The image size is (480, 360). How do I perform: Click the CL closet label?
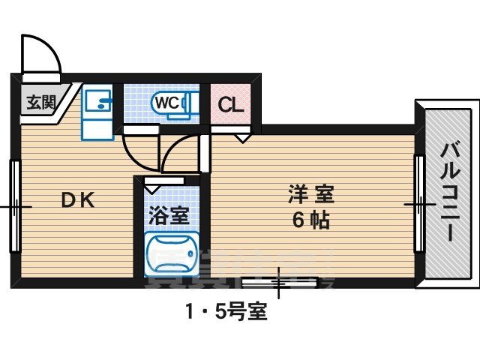pos(230,103)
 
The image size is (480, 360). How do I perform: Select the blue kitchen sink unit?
pos(96,112)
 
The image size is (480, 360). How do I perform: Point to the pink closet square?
pos(230,103)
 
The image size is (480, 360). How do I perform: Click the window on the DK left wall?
pos(14,205)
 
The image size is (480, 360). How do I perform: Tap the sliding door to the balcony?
pos(419,203)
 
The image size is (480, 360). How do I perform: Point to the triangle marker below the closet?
pos(244,138)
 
